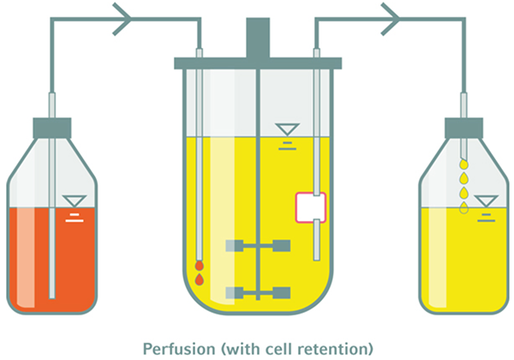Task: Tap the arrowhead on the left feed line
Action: [122, 15]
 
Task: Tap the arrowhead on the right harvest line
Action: [391, 15]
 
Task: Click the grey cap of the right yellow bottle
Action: [463, 128]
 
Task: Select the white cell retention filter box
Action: [310, 208]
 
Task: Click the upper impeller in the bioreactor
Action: [257, 246]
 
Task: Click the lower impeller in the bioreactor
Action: [257, 292]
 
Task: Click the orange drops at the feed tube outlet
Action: [199, 273]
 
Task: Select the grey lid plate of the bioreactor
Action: [257, 63]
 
